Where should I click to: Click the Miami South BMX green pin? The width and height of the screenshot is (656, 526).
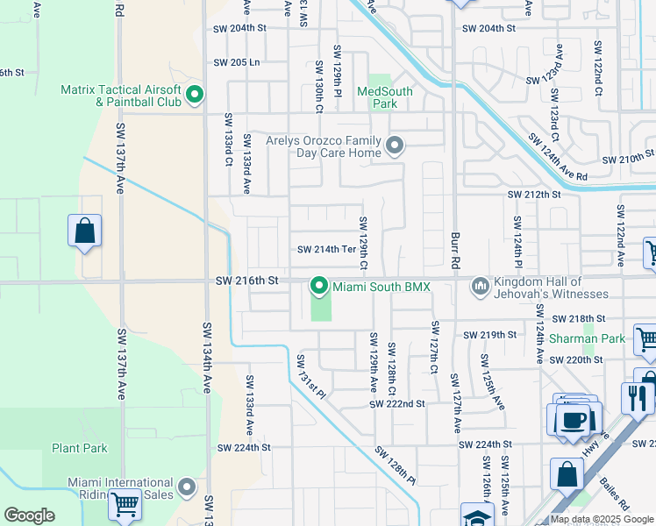(319, 287)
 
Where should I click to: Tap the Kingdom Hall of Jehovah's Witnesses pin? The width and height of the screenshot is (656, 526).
(480, 287)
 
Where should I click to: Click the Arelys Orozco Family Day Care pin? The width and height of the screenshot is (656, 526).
(396, 146)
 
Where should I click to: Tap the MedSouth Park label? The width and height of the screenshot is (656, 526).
(378, 97)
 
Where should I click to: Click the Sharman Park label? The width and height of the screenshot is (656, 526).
(587, 338)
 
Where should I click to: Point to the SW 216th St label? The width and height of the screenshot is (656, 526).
(246, 281)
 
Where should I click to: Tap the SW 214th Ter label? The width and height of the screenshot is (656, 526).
(326, 249)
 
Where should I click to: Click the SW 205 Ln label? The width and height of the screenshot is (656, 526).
(237, 62)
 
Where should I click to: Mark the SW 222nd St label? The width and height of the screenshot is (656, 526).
(396, 403)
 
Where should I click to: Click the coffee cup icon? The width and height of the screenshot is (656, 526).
(574, 419)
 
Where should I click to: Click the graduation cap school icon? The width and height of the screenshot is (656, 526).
(478, 517)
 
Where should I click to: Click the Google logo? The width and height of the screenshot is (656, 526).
(29, 515)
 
